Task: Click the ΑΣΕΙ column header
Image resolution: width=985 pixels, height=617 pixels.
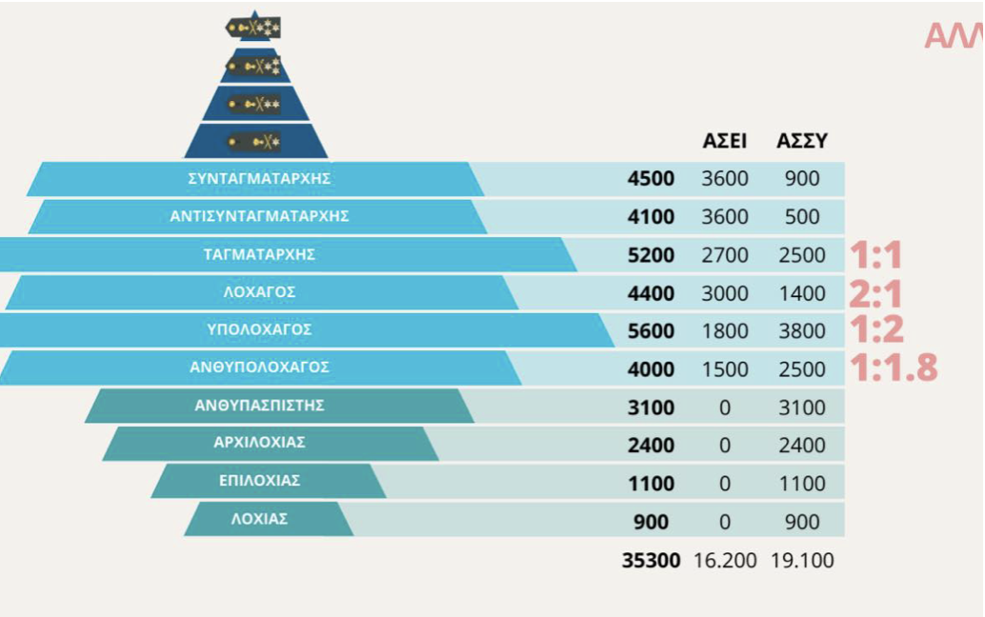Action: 724,141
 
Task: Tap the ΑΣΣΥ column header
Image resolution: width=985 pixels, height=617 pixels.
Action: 802,141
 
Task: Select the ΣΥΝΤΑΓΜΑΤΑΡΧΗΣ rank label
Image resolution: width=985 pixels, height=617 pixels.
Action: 259,178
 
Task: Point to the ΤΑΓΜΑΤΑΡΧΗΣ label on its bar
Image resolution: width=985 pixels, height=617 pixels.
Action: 259,254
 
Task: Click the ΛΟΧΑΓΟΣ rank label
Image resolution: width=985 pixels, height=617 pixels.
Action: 259,292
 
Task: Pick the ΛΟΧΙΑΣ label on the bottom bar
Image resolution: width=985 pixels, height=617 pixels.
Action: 259,519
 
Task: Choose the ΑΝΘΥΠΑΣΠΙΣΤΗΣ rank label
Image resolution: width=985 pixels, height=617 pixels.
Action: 259,405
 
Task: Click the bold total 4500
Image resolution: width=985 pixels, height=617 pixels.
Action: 651,179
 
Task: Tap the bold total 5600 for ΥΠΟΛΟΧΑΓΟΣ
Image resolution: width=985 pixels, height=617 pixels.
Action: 651,331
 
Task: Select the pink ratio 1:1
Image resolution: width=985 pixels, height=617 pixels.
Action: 875,255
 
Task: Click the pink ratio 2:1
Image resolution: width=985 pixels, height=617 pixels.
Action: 875,293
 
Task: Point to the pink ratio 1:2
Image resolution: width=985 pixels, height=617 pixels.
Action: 875,329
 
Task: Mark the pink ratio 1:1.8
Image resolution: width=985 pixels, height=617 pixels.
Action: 894,368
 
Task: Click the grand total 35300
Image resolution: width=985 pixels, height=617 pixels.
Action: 651,561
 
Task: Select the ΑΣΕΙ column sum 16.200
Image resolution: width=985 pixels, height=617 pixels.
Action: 724,561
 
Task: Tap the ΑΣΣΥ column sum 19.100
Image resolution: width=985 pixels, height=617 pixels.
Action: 802,561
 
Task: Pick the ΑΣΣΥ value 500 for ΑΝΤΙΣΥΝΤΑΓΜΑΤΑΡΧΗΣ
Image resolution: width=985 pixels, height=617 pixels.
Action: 802,217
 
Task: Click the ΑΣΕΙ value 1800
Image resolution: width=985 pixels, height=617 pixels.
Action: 724,331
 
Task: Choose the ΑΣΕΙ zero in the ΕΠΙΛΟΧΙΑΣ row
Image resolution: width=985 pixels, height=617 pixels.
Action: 724,484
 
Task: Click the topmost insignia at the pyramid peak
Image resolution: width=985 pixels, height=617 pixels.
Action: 254,28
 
